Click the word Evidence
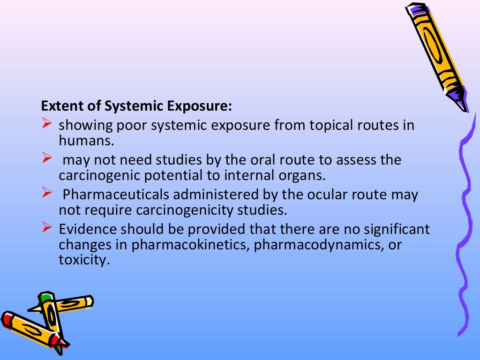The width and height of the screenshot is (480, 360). (88, 230)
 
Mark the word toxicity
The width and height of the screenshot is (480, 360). (83, 260)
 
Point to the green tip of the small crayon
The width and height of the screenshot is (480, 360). (45, 297)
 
